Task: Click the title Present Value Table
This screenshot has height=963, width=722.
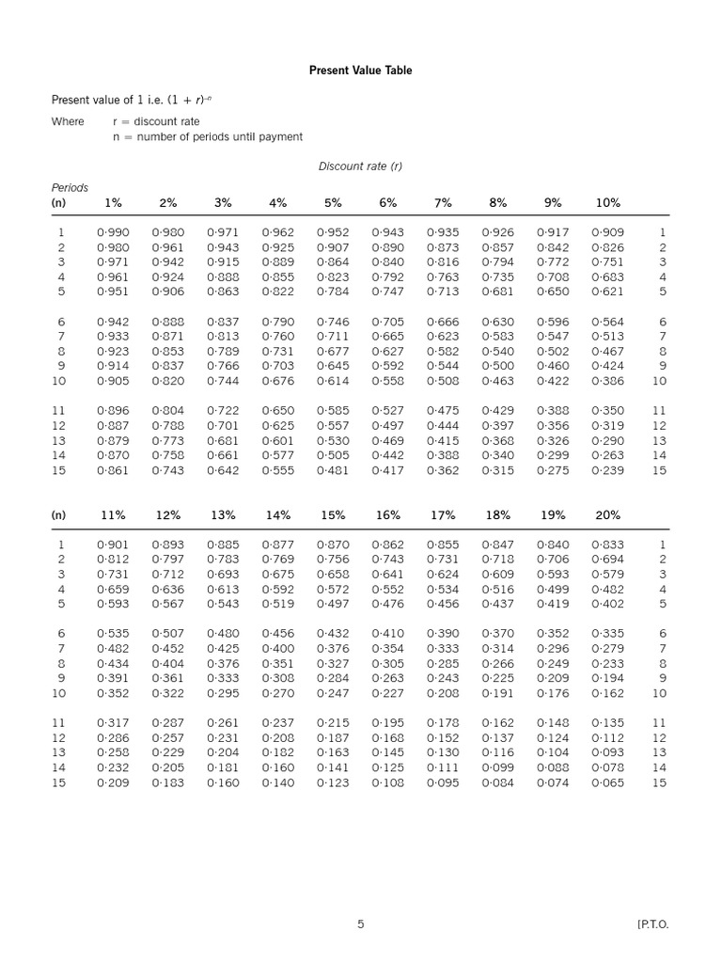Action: (361, 71)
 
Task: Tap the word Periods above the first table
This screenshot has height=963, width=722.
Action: (70, 188)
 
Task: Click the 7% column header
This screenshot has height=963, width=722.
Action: (443, 203)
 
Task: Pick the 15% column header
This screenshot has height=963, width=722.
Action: (333, 515)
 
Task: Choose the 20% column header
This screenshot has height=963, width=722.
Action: (607, 515)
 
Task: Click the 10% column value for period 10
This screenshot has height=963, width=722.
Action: (607, 382)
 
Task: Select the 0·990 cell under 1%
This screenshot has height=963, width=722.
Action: (113, 232)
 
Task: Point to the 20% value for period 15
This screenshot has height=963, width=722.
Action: (607, 783)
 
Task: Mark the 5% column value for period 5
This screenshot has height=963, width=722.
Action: (333, 292)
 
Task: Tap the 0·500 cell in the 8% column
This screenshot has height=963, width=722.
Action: (497, 367)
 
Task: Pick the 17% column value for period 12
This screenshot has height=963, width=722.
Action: (443, 738)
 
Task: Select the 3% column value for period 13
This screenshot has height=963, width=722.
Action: (223, 441)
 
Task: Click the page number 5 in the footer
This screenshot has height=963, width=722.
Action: (360, 924)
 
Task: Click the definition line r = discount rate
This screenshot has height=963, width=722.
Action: (156, 121)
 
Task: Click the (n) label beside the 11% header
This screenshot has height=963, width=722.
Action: (58, 515)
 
